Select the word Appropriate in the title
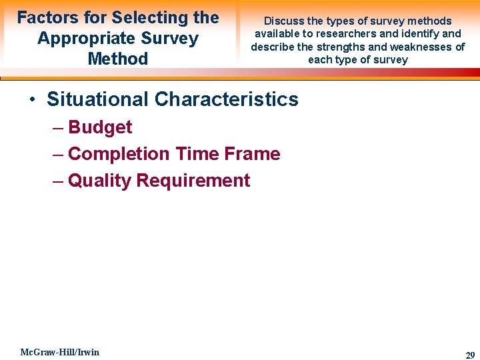click(x=83, y=39)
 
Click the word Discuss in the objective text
click(x=283, y=21)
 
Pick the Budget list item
click(x=100, y=127)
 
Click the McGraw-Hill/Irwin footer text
click(x=59, y=352)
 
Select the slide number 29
click(x=469, y=355)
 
